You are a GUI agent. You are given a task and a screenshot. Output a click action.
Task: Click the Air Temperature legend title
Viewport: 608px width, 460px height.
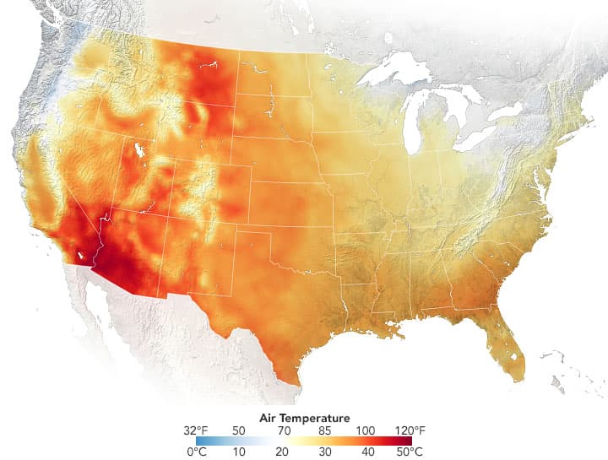tap(303, 418)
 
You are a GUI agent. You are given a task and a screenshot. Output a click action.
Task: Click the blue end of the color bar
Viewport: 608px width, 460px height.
tap(200, 441)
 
